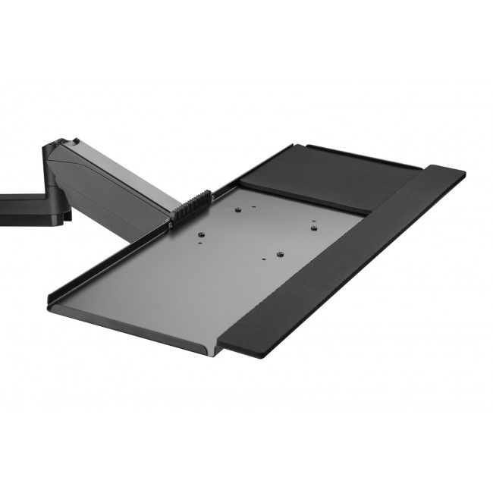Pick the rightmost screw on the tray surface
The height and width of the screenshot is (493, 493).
coord(312,223)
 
